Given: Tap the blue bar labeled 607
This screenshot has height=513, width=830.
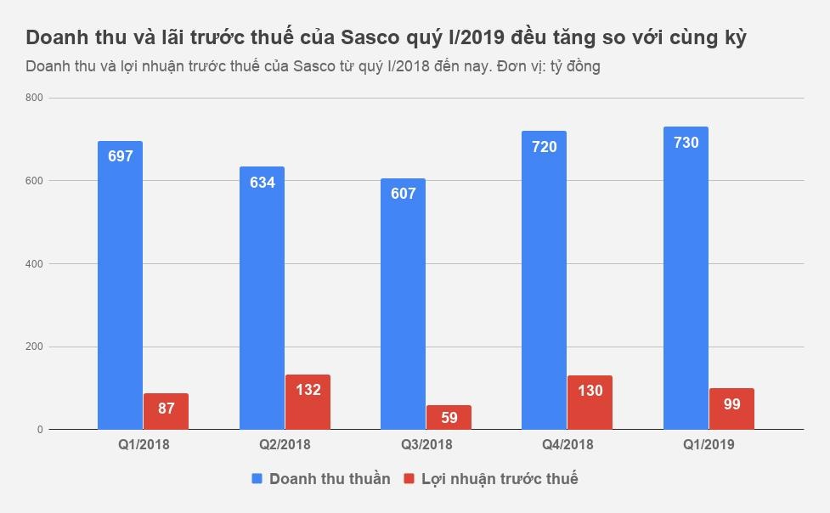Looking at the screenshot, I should (x=403, y=306).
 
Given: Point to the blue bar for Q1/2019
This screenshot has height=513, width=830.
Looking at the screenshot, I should (x=686, y=280).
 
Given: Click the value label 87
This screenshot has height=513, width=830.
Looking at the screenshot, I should (x=166, y=409).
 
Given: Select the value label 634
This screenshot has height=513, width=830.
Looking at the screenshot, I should (x=263, y=182).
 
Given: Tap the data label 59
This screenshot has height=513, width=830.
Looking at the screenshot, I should (x=449, y=418).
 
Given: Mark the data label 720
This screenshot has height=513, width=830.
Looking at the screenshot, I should (x=544, y=147).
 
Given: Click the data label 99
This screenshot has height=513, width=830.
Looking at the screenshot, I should (x=731, y=404).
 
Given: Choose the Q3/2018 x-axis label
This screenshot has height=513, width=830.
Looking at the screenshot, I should (x=426, y=444).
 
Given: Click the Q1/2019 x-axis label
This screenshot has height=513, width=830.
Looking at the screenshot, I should (x=709, y=444).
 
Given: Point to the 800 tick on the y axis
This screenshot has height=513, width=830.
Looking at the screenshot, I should (x=34, y=99).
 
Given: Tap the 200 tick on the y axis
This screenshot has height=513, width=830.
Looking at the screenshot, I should (x=34, y=347).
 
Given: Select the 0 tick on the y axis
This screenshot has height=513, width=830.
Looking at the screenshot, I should (x=40, y=430).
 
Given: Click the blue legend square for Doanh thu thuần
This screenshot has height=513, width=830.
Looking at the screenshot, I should (x=257, y=479).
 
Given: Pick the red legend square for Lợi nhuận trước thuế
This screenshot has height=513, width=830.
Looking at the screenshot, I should (x=409, y=479).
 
